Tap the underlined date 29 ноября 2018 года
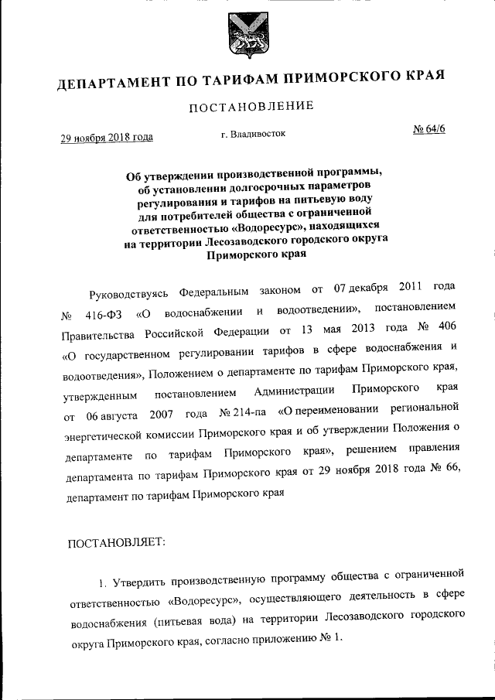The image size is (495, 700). pos(107,138)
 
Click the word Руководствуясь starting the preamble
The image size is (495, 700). pos(128,295)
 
